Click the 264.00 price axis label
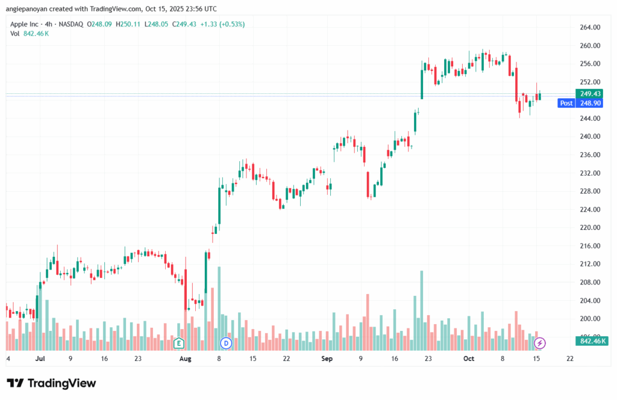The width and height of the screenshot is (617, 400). point(590,27)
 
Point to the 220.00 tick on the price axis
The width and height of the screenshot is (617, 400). point(590,227)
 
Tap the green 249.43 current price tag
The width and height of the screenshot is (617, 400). point(590,93)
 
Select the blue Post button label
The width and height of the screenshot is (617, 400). point(566,103)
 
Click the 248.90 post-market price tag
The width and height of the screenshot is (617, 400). point(590,103)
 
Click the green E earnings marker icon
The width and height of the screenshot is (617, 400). point(178,343)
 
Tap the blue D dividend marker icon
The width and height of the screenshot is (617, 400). point(226,343)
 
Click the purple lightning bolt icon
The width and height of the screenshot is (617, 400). point(540,343)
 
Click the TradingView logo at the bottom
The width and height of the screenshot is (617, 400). point(51,383)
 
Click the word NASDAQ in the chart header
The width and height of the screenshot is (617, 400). point(71,24)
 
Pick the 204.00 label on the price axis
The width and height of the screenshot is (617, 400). point(590,300)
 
